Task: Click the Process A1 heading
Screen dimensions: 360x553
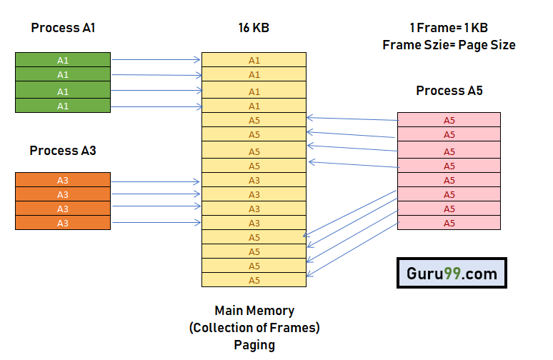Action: (x=63, y=28)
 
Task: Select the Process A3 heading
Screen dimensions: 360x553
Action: (x=63, y=151)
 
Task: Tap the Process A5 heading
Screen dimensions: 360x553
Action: (x=449, y=91)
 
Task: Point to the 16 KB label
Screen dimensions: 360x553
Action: (x=254, y=28)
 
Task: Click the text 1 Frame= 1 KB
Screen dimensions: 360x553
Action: (x=449, y=28)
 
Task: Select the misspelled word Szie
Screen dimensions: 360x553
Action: (x=432, y=44)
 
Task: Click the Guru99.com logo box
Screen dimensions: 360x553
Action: (x=452, y=273)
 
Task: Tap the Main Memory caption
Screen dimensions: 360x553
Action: (x=254, y=311)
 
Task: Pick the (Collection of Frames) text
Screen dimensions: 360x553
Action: (x=254, y=328)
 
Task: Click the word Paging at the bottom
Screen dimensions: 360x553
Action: (x=254, y=344)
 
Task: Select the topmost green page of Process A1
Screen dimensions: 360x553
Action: (x=63, y=59)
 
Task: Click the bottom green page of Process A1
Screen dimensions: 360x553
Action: (x=63, y=106)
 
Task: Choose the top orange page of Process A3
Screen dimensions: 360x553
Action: (x=63, y=180)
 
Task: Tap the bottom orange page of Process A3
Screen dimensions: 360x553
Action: (x=63, y=223)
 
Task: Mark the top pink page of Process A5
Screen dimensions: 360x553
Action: (x=449, y=120)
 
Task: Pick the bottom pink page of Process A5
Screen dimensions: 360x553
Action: (x=449, y=223)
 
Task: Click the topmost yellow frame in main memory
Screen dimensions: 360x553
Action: (x=254, y=60)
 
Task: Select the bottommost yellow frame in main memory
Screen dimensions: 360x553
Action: (x=254, y=280)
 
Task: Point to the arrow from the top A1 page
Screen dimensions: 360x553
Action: (x=156, y=60)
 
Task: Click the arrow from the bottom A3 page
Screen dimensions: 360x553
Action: (x=156, y=223)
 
